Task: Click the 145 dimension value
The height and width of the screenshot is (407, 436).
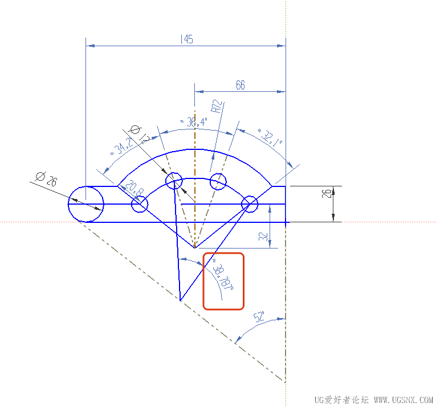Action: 186,39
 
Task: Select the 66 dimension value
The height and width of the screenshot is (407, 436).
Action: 240,85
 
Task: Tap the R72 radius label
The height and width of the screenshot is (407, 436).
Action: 217,108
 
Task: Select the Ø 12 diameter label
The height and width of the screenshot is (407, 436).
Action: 140,133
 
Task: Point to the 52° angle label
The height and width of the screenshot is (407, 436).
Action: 260,317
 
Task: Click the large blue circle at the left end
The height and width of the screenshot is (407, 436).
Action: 85,203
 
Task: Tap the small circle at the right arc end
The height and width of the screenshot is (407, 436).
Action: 249,203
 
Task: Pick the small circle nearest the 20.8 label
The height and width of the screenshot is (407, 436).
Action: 140,204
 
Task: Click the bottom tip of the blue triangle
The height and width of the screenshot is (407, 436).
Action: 180,300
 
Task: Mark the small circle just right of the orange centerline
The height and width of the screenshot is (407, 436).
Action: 218,182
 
